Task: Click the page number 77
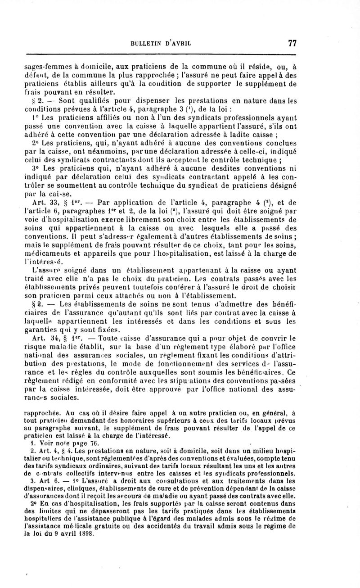pyautogui.click(x=291, y=44)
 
